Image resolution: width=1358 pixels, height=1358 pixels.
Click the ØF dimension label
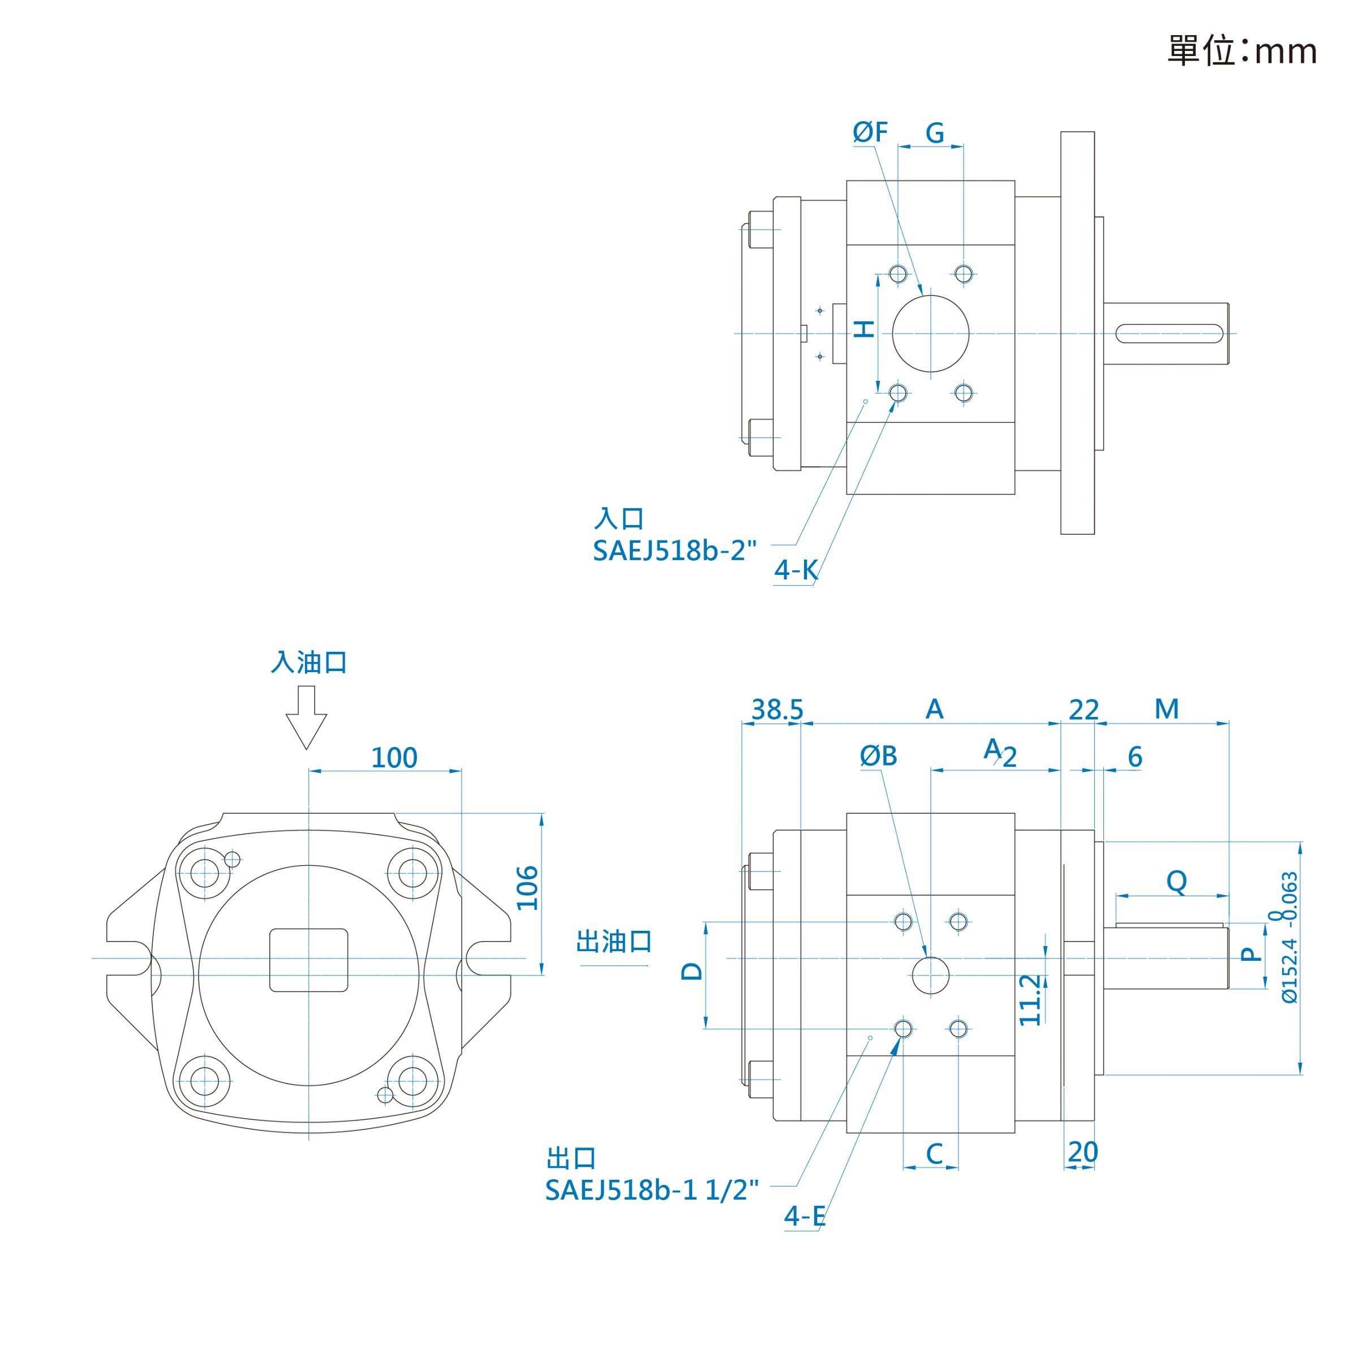point(870,132)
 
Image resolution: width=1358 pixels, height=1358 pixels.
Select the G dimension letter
point(934,132)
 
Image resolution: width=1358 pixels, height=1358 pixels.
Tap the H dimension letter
point(864,328)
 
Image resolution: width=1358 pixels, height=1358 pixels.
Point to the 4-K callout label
point(796,570)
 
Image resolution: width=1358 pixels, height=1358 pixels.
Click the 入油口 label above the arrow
point(310,662)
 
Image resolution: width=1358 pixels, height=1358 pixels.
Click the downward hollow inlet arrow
point(307,717)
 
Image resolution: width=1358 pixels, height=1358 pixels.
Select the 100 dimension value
point(394,758)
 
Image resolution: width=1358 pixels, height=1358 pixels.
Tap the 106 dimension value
point(527,888)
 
